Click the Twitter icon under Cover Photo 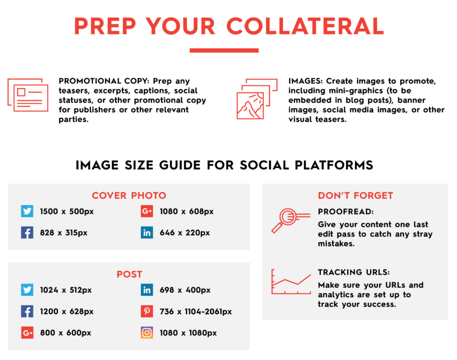click(x=27, y=211)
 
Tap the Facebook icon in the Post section click(x=27, y=311)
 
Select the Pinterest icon click(x=147, y=311)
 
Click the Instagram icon click(x=147, y=332)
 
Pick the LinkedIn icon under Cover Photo click(x=147, y=232)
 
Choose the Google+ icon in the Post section click(x=27, y=332)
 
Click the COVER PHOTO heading click(x=129, y=196)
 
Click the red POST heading click(x=130, y=274)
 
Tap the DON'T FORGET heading click(x=356, y=196)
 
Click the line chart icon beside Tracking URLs click(x=291, y=282)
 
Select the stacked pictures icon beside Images click(x=257, y=98)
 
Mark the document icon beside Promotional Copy click(x=28, y=95)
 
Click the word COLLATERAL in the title click(x=305, y=26)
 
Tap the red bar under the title click(x=224, y=51)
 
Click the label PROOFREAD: click(x=345, y=212)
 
